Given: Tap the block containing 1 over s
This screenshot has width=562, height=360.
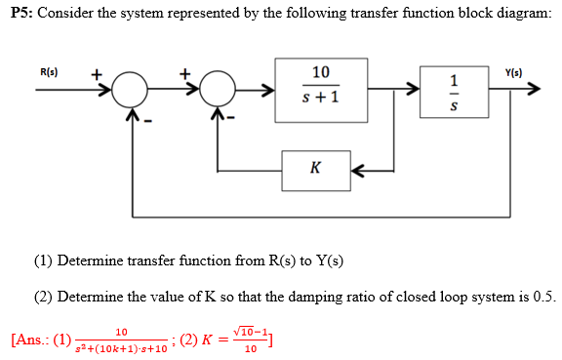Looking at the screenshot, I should (452, 93).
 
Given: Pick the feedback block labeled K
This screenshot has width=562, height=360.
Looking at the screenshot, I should (315, 167).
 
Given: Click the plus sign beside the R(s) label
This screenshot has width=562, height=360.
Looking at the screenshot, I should (97, 73).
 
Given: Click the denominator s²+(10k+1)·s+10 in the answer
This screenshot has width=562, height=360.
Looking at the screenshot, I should (121, 348).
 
